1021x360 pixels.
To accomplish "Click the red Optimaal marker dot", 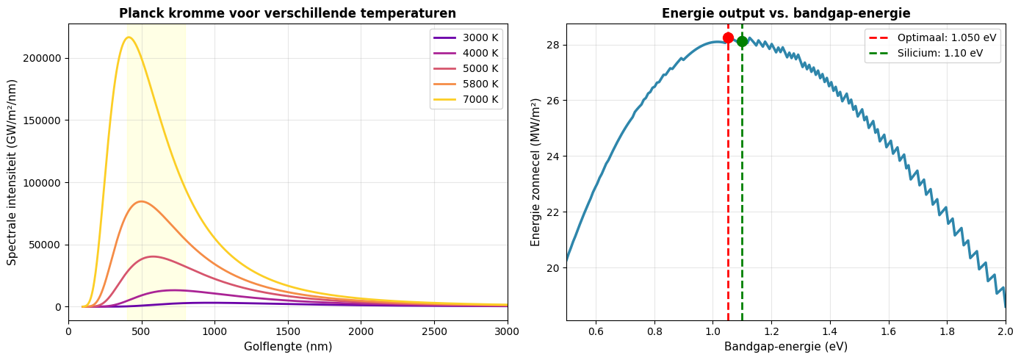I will point(728,37).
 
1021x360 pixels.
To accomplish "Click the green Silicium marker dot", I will point(742,41).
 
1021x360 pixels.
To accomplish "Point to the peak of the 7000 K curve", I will point(129,37).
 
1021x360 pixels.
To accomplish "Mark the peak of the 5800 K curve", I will point(141,201).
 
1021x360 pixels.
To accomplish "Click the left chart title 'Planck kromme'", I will point(287,13).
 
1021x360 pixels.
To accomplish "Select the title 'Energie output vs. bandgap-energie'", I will point(785,13).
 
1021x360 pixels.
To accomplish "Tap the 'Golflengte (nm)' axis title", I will point(287,346).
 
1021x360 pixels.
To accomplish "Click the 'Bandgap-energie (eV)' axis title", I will point(785,346).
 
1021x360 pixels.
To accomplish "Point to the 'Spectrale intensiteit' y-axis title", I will point(12,172).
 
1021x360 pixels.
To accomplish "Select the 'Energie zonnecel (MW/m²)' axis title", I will point(535,172).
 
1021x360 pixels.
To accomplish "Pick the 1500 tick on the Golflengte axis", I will point(288,331).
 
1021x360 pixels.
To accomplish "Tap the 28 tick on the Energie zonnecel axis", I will point(553,45).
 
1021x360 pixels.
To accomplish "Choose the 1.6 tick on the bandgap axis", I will point(888,331).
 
